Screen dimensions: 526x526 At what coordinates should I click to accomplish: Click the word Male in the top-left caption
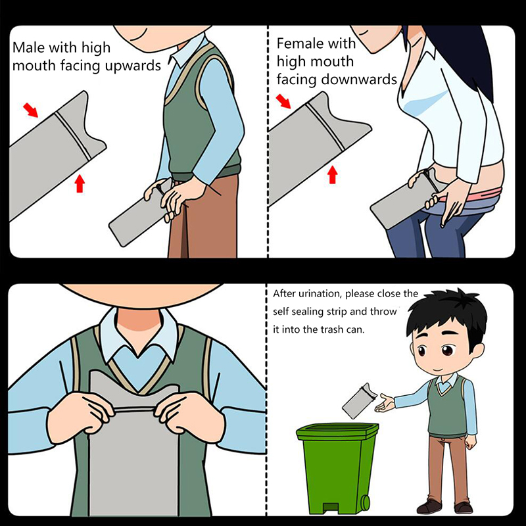coord(28,47)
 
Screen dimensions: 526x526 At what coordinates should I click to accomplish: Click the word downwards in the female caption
coord(359,80)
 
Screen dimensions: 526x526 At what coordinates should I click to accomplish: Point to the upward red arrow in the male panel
coord(80,183)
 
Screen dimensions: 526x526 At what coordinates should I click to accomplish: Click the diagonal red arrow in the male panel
coord(30,110)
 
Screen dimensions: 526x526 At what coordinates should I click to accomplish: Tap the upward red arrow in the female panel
coord(333,175)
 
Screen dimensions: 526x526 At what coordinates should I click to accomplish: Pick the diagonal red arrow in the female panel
coord(283,101)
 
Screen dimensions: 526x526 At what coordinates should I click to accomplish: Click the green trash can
coord(337,468)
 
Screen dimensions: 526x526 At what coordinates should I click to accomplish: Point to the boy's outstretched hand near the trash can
coord(385,403)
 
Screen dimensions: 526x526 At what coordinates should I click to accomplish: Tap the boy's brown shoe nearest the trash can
coord(429,506)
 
